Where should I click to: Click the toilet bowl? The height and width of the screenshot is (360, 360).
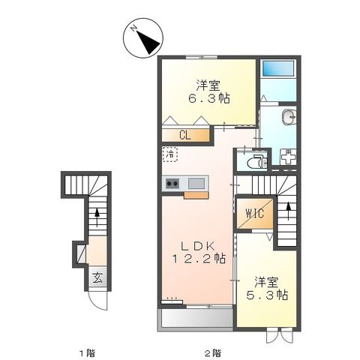(x=254, y=160)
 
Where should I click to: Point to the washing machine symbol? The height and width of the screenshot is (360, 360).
(x=287, y=157)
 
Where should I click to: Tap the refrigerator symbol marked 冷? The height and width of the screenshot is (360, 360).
(x=171, y=154)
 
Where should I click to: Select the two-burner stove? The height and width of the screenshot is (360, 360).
(x=172, y=183)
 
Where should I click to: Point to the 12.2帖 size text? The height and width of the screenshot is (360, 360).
(x=197, y=259)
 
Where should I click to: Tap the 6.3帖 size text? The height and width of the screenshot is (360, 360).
(x=208, y=97)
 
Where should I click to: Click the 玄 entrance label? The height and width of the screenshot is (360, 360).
(x=97, y=277)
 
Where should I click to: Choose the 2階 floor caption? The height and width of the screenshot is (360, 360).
(x=213, y=352)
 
